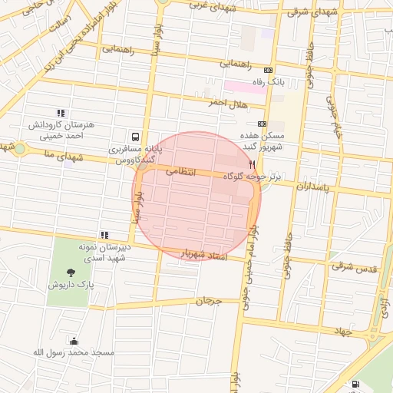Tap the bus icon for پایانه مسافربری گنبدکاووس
pos(135,134)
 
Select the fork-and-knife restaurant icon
pos(252,164)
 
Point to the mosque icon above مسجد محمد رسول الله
pos(73,341)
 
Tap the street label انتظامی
pos(182,173)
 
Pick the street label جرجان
pos(208,301)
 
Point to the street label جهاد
pos(342,331)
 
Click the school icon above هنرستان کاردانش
pos(61,113)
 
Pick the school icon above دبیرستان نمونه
pos(104,235)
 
